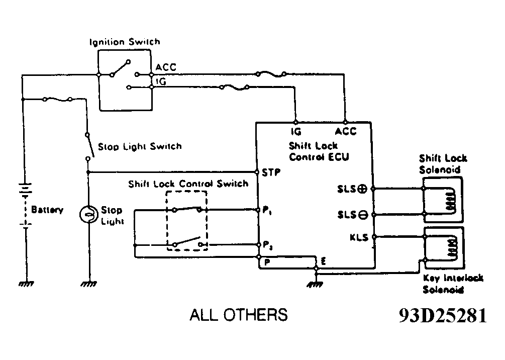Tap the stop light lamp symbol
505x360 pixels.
(x=88, y=214)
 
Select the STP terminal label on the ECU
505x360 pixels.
(x=271, y=171)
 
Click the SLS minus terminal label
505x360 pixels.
(x=353, y=215)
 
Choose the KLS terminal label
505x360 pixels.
(x=359, y=237)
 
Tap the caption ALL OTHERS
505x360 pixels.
(x=239, y=315)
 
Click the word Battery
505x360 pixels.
(x=47, y=210)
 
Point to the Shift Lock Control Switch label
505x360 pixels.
(x=188, y=184)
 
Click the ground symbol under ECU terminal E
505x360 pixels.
(x=316, y=285)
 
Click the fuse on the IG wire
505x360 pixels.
(x=235, y=87)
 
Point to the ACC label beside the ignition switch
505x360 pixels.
(x=166, y=67)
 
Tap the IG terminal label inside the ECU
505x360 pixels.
(x=295, y=132)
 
